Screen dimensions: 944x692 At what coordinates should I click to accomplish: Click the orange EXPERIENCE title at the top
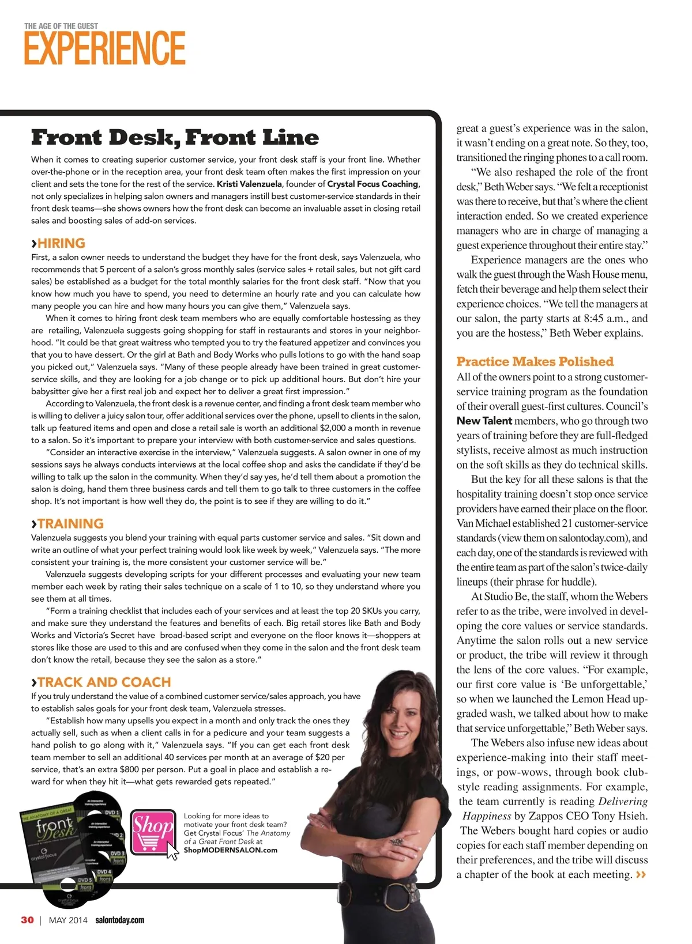point(104,48)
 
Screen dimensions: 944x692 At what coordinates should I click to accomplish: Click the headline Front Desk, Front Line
point(175,137)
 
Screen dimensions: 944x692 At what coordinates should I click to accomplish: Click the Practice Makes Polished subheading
point(535,361)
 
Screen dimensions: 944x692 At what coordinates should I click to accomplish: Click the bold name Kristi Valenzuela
point(249,184)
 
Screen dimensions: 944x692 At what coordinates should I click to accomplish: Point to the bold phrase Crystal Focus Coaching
point(373,184)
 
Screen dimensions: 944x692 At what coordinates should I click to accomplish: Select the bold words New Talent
point(484,421)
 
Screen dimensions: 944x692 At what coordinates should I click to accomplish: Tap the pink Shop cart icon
point(153,831)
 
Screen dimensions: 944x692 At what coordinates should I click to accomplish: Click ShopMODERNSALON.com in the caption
point(230,850)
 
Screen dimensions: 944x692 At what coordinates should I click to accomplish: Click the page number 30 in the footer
point(27,920)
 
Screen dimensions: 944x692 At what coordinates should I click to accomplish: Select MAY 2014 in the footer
point(68,920)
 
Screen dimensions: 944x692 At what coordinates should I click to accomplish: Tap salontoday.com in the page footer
point(120,920)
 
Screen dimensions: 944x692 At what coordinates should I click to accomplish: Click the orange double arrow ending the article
point(640,875)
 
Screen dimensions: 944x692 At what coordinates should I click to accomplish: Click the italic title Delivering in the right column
point(623,802)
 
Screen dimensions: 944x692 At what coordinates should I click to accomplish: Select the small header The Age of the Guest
point(61,26)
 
